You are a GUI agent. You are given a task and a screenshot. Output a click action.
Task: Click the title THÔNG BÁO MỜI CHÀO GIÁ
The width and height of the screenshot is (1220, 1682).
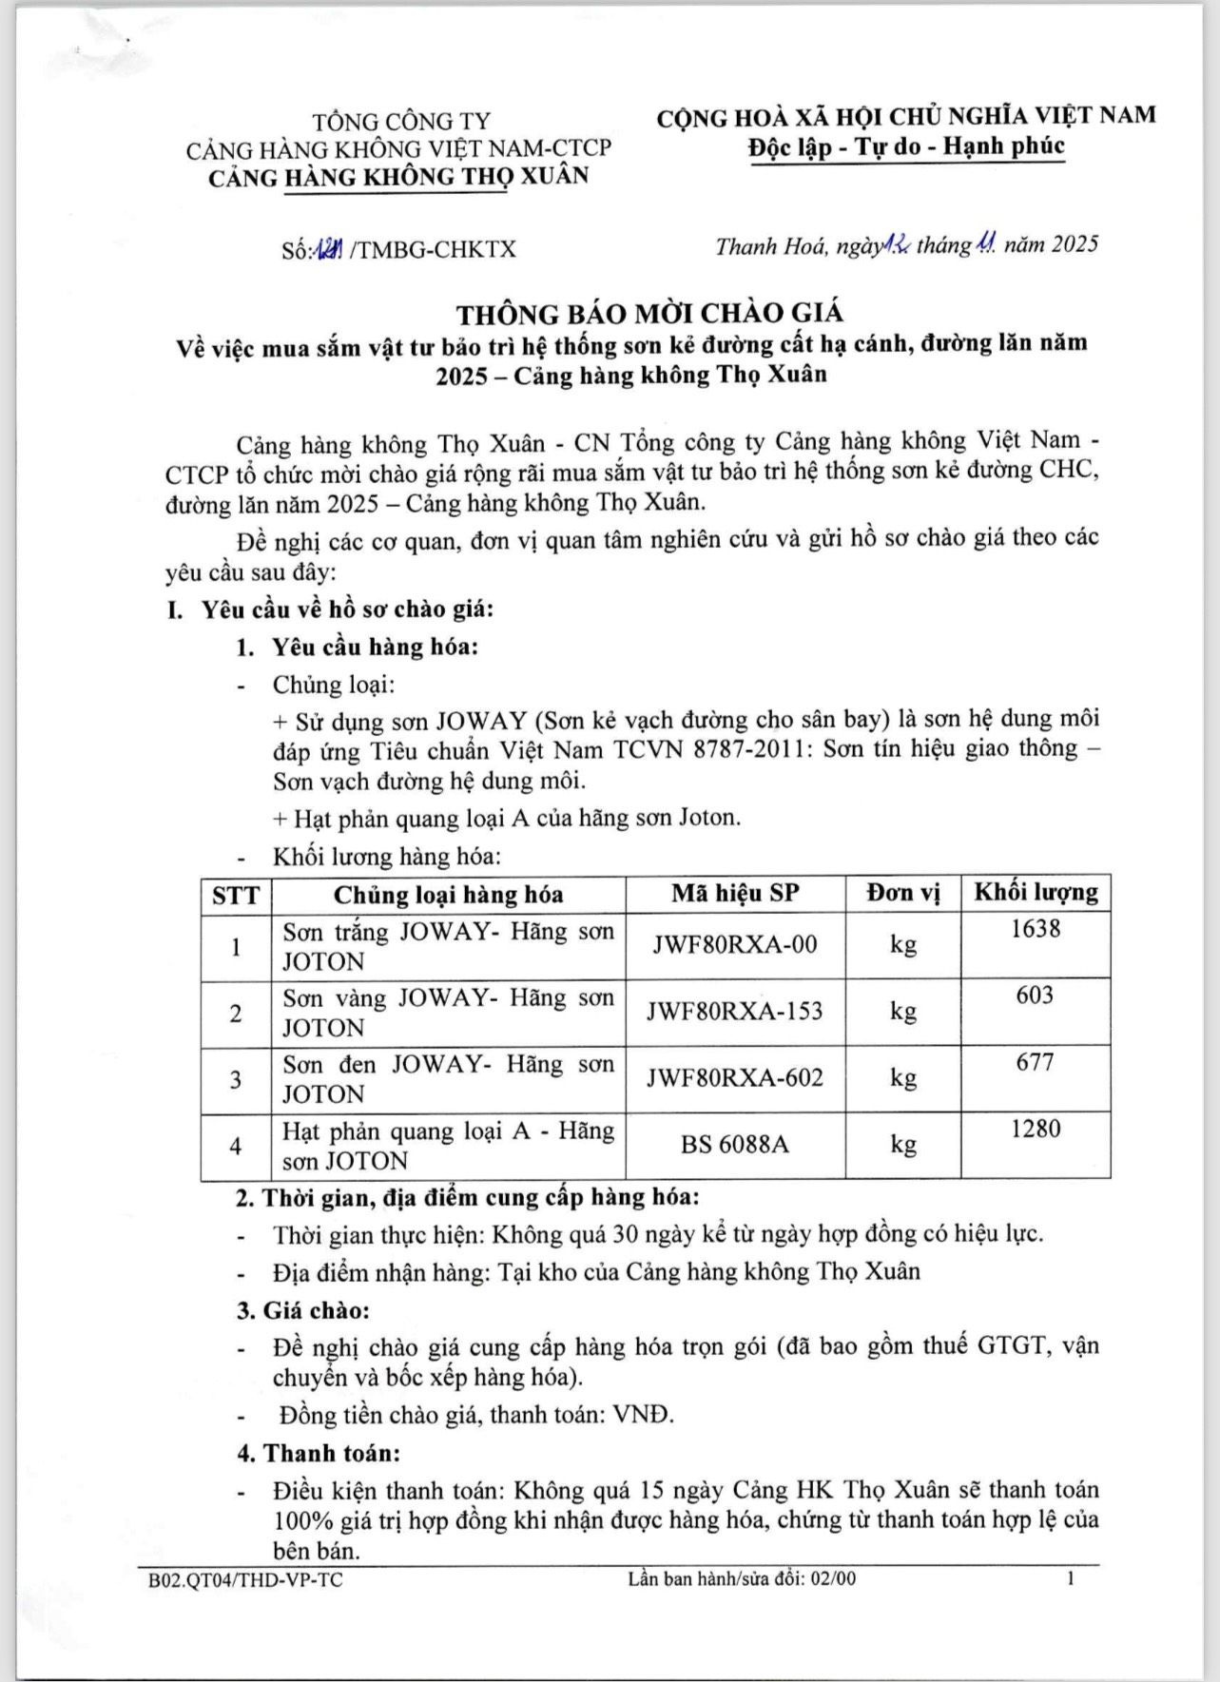(x=649, y=313)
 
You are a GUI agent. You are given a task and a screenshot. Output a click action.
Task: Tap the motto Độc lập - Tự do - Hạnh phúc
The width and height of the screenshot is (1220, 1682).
(x=905, y=147)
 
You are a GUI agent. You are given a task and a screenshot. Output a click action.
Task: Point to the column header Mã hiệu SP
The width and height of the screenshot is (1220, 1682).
(x=735, y=893)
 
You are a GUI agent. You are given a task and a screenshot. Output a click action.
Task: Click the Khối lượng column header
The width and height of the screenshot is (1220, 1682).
(x=1036, y=892)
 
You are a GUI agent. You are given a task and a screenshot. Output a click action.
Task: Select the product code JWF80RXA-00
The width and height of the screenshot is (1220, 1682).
(x=735, y=945)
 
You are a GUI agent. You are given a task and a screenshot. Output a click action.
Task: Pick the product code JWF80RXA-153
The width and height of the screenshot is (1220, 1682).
(x=735, y=1012)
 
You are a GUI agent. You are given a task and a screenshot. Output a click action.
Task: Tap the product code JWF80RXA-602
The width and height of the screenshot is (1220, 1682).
(x=735, y=1078)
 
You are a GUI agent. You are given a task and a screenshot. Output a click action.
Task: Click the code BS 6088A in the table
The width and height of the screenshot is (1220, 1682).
(x=735, y=1144)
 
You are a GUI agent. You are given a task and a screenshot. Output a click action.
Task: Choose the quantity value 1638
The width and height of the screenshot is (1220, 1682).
(x=1036, y=929)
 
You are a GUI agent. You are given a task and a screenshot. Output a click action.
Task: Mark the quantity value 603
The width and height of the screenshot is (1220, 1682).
(x=1036, y=996)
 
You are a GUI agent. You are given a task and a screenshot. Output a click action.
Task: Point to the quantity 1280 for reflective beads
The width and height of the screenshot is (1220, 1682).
(x=1036, y=1129)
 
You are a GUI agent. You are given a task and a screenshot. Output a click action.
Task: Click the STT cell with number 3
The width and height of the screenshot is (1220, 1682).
(x=236, y=1079)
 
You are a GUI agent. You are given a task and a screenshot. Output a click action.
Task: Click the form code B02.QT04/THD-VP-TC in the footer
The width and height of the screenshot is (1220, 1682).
(x=245, y=1579)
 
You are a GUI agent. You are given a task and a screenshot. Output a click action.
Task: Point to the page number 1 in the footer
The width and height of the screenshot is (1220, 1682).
(x=1071, y=1578)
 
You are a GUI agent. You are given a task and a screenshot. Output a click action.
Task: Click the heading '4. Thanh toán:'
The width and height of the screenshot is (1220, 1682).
(x=319, y=1453)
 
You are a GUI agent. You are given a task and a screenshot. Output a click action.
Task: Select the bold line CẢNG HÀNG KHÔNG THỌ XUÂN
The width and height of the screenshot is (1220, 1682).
(x=398, y=177)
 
